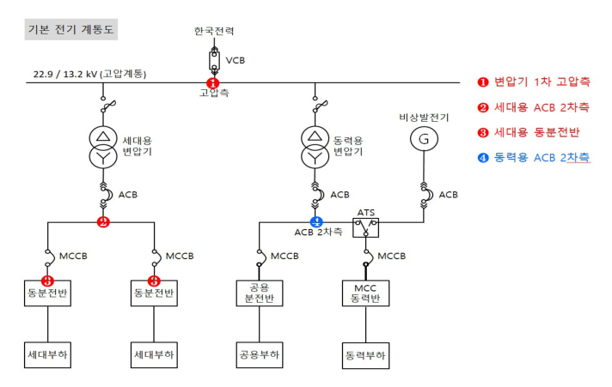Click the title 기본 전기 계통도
pyautogui.click(x=70, y=29)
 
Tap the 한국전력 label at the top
pyautogui.click(x=214, y=31)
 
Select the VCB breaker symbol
pyautogui.click(x=214, y=60)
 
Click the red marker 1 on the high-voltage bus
pyautogui.click(x=212, y=83)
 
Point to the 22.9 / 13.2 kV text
pyautogui.click(x=64, y=74)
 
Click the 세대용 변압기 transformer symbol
pyautogui.click(x=103, y=147)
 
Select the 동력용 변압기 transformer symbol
pyautogui.click(x=315, y=147)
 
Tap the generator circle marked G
pyautogui.click(x=424, y=139)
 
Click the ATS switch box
pyautogui.click(x=365, y=227)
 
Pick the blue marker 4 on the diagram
pyautogui.click(x=316, y=222)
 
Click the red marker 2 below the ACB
pyautogui.click(x=103, y=222)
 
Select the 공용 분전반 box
pyautogui.click(x=260, y=293)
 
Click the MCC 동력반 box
pyautogui.click(x=365, y=293)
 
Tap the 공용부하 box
pyautogui.click(x=260, y=355)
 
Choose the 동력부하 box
pyautogui.click(x=365, y=355)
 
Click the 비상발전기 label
pyautogui.click(x=424, y=118)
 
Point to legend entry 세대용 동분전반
pyautogui.click(x=529, y=132)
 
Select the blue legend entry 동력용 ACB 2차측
pyautogui.click(x=534, y=157)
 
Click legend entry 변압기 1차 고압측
pyautogui.click(x=534, y=82)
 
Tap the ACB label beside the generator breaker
pyautogui.click(x=448, y=195)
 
